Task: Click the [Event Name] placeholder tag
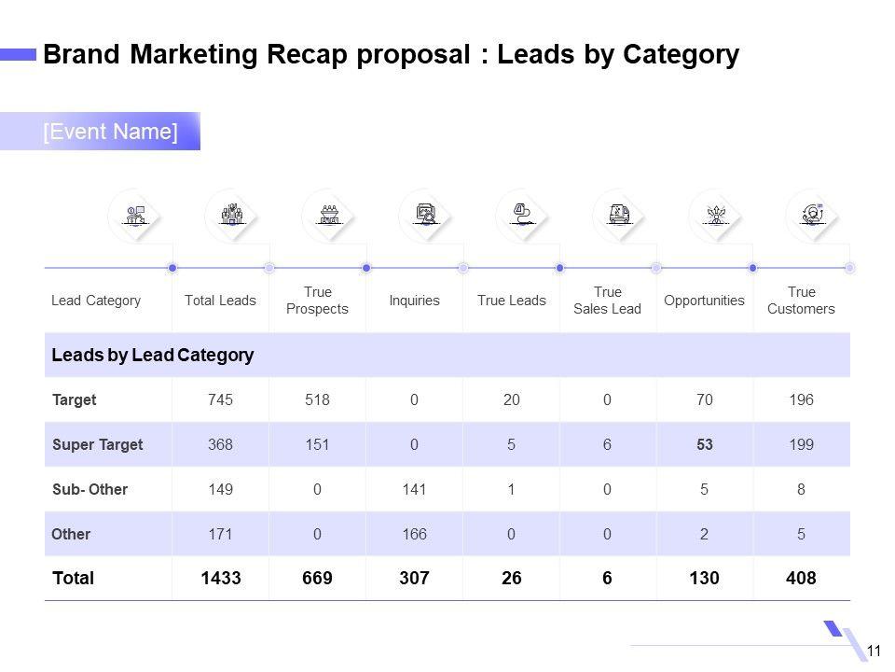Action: point(110,132)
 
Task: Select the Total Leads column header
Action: point(220,301)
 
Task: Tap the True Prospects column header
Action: point(317,301)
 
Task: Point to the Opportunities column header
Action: point(704,301)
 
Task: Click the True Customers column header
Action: point(801,301)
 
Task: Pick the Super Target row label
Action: point(98,444)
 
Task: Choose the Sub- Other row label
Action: point(90,489)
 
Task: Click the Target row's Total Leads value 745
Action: point(220,399)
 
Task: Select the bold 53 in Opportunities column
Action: point(704,444)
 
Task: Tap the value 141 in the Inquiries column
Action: point(414,489)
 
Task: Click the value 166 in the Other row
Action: point(414,535)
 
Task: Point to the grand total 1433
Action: point(220,578)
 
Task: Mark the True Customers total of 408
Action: point(801,578)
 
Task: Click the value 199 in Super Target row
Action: point(801,444)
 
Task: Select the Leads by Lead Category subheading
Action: point(153,355)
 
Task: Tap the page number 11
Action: point(874,651)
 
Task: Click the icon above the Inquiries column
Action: point(425,215)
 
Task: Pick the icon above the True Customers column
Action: point(813,215)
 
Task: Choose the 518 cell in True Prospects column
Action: point(317,399)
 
